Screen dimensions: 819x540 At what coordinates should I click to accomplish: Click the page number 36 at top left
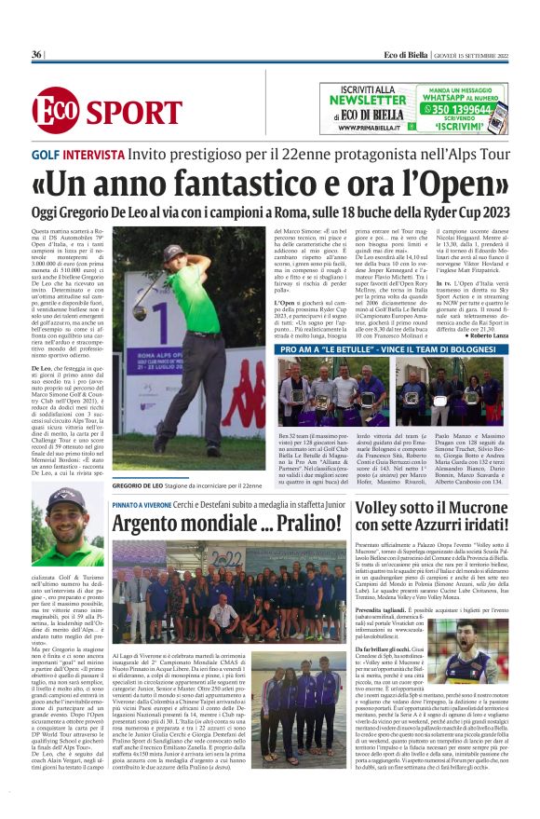click(x=36, y=55)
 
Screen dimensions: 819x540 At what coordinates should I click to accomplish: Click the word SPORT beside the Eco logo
click(x=134, y=113)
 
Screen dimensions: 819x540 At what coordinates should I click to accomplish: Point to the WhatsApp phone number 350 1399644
click(x=457, y=108)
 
